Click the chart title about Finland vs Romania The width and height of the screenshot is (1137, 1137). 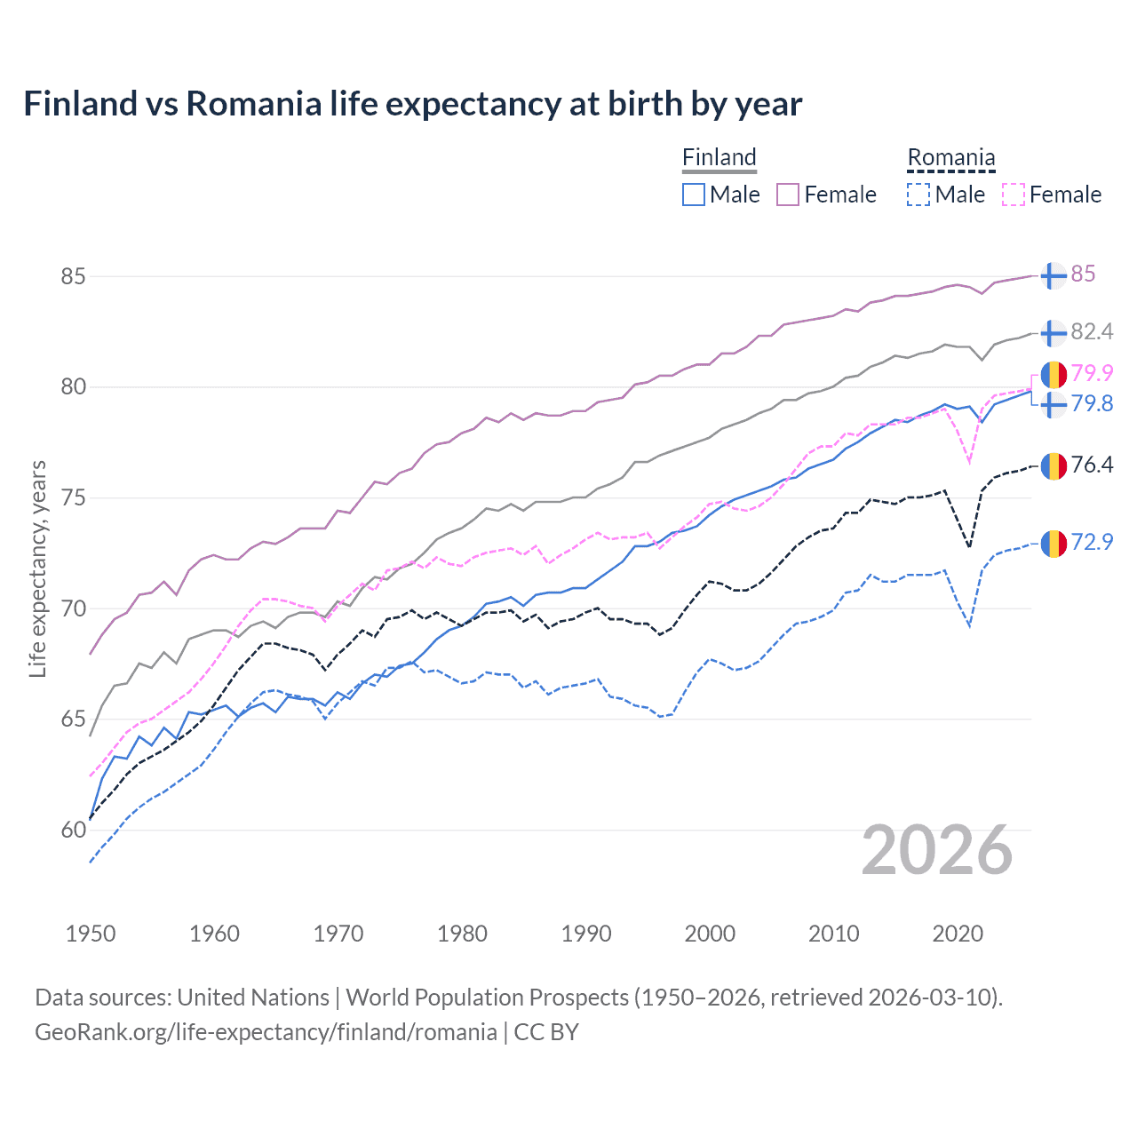[x=412, y=104]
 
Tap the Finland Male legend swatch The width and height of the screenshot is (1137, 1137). [x=694, y=195]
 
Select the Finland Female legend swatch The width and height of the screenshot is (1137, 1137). [x=788, y=195]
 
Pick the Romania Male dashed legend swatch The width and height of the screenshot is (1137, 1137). [x=918, y=195]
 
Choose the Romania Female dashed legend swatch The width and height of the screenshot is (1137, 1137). [x=1014, y=195]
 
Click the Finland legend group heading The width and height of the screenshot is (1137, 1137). [x=719, y=157]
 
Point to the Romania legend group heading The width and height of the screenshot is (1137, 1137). [x=950, y=157]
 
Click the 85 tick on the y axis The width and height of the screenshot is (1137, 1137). [x=73, y=276]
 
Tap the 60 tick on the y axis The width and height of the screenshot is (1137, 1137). [x=73, y=831]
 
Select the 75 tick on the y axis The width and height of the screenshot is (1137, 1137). [x=73, y=498]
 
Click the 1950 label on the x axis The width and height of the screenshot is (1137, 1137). [x=91, y=934]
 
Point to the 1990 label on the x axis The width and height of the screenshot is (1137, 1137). [x=586, y=934]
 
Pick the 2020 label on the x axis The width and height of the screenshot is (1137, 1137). [x=958, y=934]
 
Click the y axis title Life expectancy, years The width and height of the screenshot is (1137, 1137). [x=37, y=568]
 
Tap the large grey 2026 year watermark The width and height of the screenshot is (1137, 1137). [x=937, y=850]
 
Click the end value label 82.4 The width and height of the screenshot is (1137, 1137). [x=1092, y=332]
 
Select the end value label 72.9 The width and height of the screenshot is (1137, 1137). [x=1092, y=542]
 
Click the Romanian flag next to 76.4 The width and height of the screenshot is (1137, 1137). [x=1054, y=465]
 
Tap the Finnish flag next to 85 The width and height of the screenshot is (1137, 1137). [x=1054, y=275]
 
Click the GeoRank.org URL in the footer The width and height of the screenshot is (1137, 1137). [x=266, y=1032]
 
